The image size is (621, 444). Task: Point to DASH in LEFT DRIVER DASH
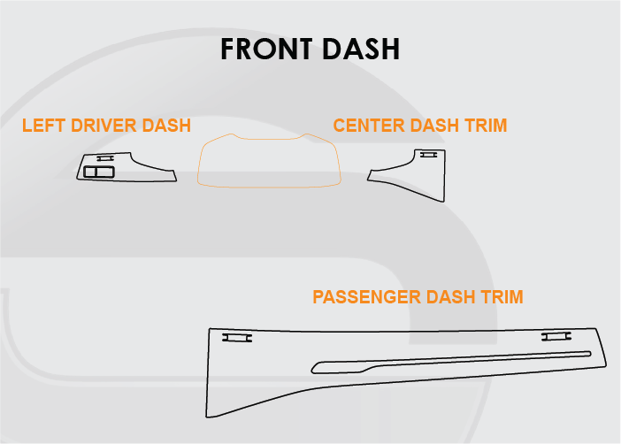click(x=165, y=126)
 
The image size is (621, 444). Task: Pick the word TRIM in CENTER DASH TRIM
click(x=486, y=126)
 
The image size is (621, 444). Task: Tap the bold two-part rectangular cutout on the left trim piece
click(x=100, y=172)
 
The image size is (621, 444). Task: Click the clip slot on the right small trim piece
click(x=428, y=155)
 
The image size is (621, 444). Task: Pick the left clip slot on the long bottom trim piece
click(x=236, y=337)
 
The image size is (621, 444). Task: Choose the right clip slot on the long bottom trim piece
click(x=556, y=336)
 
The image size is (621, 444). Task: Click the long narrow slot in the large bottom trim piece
click(x=451, y=359)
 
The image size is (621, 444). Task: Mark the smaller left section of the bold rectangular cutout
click(x=90, y=172)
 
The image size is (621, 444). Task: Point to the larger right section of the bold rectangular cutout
click(x=105, y=172)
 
